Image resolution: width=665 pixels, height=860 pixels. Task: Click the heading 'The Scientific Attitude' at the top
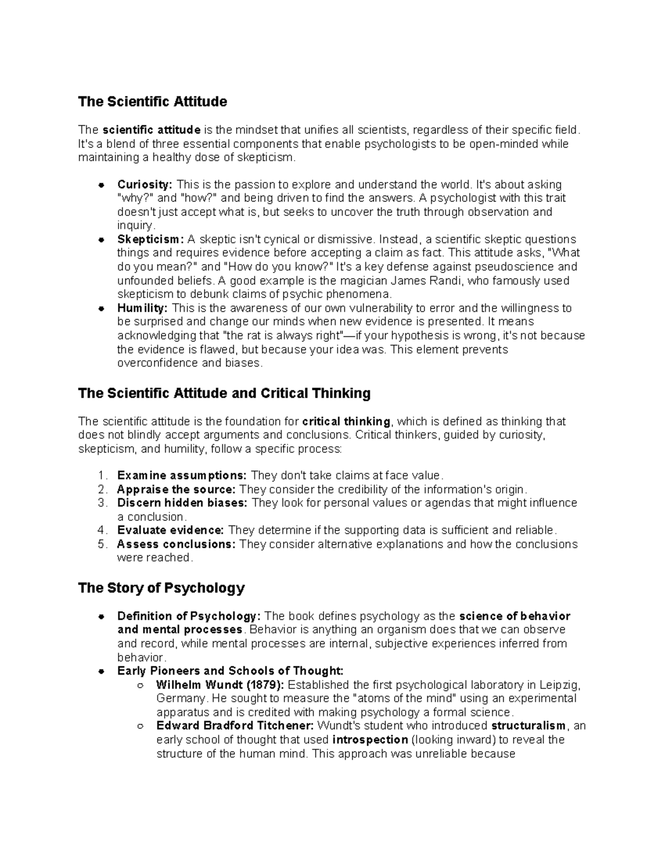coord(152,101)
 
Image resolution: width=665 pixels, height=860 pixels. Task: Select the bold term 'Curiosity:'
coord(145,184)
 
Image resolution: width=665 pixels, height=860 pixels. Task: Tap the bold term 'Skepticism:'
coord(150,239)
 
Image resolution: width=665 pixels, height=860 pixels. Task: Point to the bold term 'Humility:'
coord(142,308)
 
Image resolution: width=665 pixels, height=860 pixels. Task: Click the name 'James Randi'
coord(436,280)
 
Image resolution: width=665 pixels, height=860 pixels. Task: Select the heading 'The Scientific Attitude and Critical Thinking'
coord(224,393)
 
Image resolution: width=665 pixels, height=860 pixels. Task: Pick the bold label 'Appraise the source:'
coord(176,490)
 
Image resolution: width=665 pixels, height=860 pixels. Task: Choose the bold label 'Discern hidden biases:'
coord(182,503)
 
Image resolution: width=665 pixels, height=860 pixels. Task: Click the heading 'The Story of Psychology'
coord(161,588)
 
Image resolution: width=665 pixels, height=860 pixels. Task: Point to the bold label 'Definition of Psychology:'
coord(188,616)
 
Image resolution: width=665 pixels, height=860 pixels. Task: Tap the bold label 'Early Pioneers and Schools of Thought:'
coord(230,671)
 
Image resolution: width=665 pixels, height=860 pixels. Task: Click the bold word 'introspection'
coord(370,740)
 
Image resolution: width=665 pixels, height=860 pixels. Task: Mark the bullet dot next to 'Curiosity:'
coord(101,185)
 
